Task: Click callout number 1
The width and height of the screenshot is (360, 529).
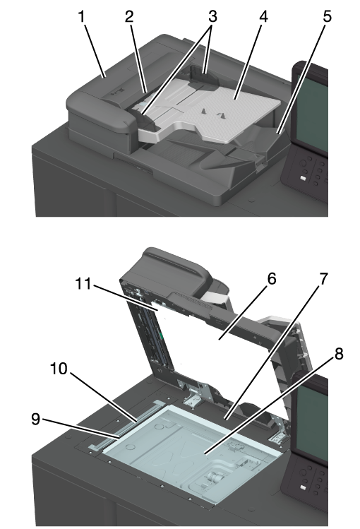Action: tap(81, 16)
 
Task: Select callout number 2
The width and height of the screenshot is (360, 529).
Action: tap(129, 16)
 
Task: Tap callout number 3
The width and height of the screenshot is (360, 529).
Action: tap(212, 16)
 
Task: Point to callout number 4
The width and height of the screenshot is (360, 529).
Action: tap(263, 16)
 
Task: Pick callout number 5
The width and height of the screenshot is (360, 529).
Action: tap(327, 16)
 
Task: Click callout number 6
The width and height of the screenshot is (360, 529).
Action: tap(271, 279)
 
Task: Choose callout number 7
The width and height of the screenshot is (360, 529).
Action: tap(323, 279)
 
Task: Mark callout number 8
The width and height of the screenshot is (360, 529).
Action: tap(338, 354)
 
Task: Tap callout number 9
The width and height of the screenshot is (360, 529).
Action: tap(36, 419)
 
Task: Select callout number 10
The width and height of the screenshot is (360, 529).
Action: tap(59, 369)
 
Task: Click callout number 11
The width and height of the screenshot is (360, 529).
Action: tap(83, 283)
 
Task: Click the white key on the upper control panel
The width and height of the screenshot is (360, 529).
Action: tap(303, 178)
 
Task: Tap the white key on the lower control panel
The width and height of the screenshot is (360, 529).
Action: tap(303, 488)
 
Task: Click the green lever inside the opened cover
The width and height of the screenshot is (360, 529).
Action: tap(162, 336)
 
